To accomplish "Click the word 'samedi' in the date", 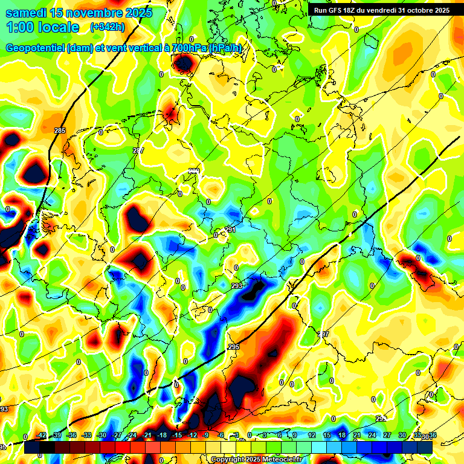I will tap(26, 13).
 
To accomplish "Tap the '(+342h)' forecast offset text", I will tap(108, 27).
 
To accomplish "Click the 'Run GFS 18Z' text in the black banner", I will tap(336, 10).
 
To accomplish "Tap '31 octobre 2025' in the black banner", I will tap(424, 10).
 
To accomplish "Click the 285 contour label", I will tap(59, 130).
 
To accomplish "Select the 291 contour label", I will tap(230, 230).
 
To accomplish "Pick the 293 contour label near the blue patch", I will tap(236, 285).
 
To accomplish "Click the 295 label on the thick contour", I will tap(234, 347).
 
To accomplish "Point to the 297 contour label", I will tap(324, 334).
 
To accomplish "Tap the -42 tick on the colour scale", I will tap(41, 435).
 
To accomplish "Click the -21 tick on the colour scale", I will tap(147, 435).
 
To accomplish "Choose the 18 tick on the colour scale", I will tap(341, 435).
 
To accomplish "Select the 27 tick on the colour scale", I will tap(387, 435).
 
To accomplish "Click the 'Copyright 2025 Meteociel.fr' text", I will tap(257, 459).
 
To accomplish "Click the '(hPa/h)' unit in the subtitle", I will tap(226, 48).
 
